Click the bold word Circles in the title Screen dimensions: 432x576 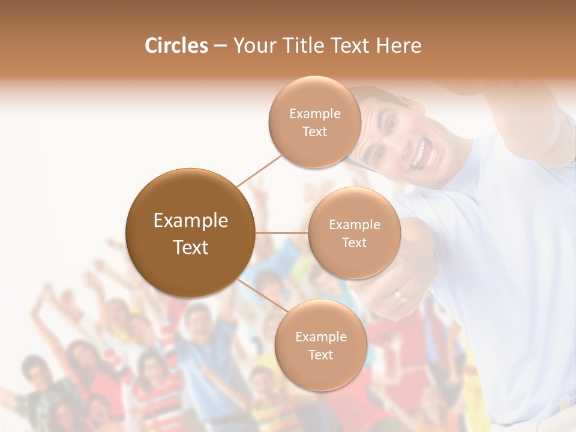point(176,46)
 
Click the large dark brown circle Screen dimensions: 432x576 point(190,233)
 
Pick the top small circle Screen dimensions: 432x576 point(314,122)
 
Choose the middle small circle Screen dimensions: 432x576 point(354,233)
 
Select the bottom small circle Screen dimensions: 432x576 point(320,345)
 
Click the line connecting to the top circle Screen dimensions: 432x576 point(260,170)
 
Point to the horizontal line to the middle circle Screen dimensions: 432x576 point(282,233)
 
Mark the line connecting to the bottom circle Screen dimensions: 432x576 point(260,293)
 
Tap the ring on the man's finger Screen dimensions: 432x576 point(399,295)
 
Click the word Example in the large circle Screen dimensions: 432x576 point(190,221)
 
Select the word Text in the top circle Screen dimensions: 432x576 point(314,131)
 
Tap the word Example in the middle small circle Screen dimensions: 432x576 point(354,224)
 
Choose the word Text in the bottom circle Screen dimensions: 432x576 point(320,355)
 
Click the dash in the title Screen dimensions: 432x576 point(220,46)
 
